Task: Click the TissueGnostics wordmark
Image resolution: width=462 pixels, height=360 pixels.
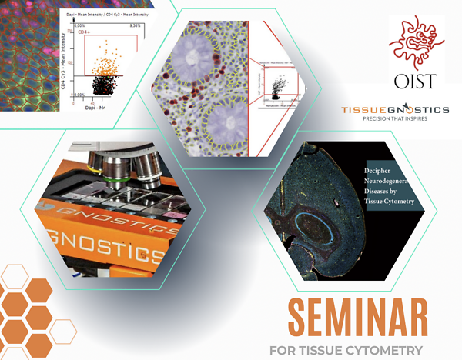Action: (x=395, y=112)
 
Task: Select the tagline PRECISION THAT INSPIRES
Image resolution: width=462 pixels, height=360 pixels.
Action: (x=396, y=122)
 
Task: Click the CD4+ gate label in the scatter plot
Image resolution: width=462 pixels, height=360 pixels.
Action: (x=82, y=33)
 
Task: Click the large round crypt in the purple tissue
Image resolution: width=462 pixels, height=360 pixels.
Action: (x=192, y=58)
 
